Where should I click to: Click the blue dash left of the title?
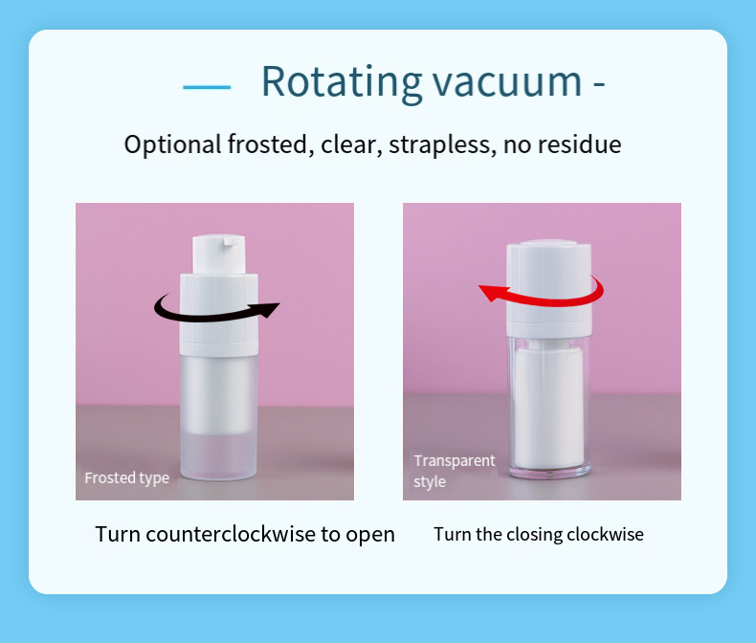pyautogui.click(x=207, y=86)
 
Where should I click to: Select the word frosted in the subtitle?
pyautogui.click(x=271, y=145)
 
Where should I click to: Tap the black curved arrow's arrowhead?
pyautogui.click(x=268, y=308)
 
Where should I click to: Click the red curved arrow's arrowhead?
pyautogui.click(x=491, y=292)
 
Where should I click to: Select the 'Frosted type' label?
pyautogui.click(x=126, y=477)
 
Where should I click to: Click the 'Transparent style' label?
pyautogui.click(x=454, y=471)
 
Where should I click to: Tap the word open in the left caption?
pyautogui.click(x=370, y=534)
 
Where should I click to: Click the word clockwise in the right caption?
pyautogui.click(x=606, y=534)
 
